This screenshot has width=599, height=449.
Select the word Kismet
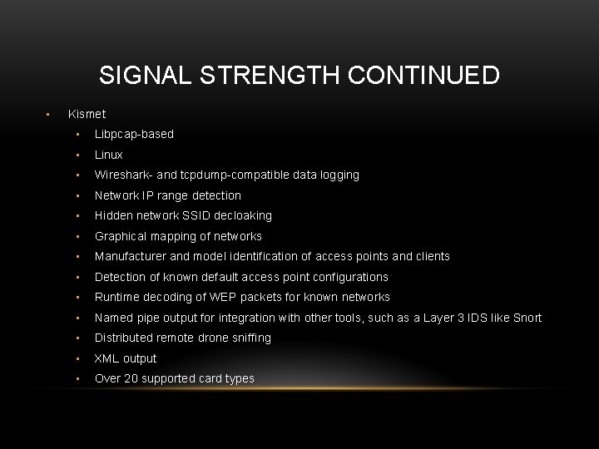[x=87, y=113]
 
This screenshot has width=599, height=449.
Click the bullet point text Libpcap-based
[x=134, y=134]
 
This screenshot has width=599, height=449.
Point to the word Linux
[x=108, y=155]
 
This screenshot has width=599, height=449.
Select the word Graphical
[x=121, y=236]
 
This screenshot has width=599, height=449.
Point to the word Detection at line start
[x=120, y=277]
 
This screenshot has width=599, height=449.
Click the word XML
[x=106, y=358]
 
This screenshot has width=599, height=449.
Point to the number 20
[x=131, y=378]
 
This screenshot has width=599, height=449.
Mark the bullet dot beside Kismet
[x=49, y=114]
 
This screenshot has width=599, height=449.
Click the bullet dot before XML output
[x=77, y=359]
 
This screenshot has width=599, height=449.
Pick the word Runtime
[x=117, y=297]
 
